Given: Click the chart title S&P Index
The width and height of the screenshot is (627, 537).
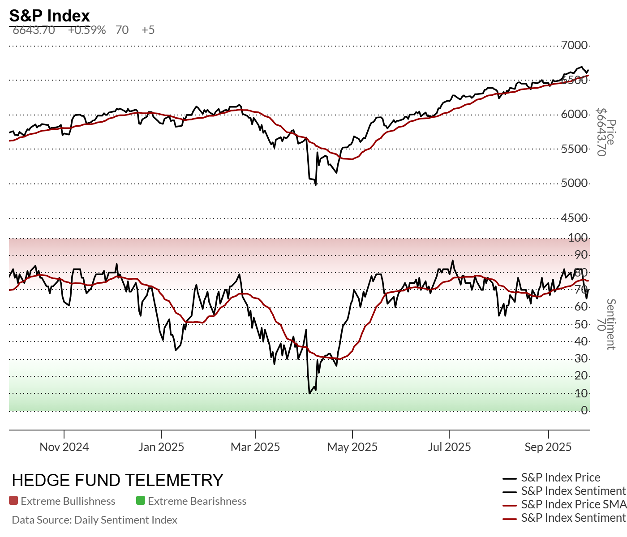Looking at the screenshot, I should pyautogui.click(x=50, y=16).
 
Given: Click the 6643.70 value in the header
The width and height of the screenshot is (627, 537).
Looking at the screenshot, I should pyautogui.click(x=34, y=30).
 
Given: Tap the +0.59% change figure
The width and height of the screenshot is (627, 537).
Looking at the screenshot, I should pyautogui.click(x=87, y=30).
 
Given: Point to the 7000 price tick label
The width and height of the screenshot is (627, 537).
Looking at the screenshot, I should pyautogui.click(x=574, y=45).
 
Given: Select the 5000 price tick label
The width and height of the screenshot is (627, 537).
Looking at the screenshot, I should pyautogui.click(x=574, y=183).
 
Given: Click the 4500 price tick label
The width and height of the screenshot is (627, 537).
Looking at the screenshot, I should pyautogui.click(x=574, y=218).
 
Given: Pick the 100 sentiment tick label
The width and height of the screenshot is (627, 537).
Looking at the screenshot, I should pyautogui.click(x=578, y=238).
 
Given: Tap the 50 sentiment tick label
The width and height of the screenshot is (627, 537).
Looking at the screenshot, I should pyautogui.click(x=581, y=324).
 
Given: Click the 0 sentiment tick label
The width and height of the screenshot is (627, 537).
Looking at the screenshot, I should pyautogui.click(x=584, y=410).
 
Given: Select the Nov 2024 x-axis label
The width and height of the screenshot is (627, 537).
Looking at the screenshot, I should pyautogui.click(x=64, y=447).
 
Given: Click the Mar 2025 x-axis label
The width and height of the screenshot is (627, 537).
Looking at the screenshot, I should pyautogui.click(x=255, y=447).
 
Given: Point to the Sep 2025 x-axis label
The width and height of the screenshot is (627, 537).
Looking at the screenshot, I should pyautogui.click(x=548, y=447).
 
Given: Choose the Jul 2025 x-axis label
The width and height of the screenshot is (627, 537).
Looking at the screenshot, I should pyautogui.click(x=449, y=447).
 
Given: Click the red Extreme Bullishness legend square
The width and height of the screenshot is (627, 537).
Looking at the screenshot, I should pyautogui.click(x=13, y=501).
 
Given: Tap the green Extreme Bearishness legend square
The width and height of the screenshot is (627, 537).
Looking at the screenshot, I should pyautogui.click(x=141, y=501).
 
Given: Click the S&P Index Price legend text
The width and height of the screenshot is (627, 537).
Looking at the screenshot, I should pyautogui.click(x=561, y=477).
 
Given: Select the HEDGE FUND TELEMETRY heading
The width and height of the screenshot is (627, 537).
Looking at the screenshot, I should pyautogui.click(x=117, y=480).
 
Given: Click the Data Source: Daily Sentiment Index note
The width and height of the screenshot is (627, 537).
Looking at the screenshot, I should pyautogui.click(x=94, y=520).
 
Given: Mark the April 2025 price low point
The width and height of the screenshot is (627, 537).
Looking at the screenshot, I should pyautogui.click(x=316, y=184).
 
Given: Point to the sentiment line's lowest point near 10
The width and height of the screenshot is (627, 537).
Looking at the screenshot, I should pyautogui.click(x=309, y=393).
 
